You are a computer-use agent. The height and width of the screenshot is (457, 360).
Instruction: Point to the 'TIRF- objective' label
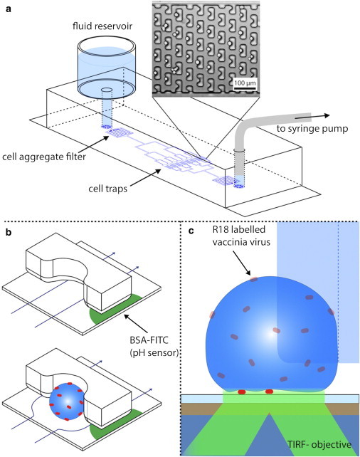click(314, 445)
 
